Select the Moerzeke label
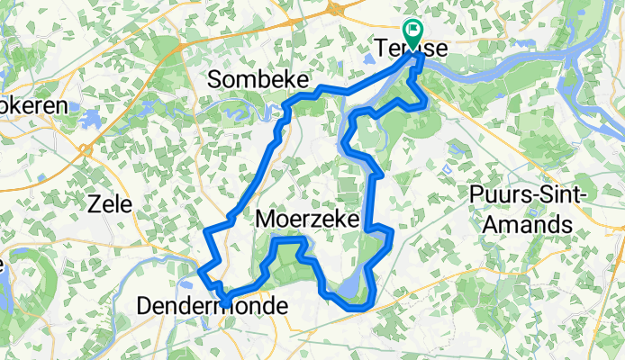pyautogui.click(x=307, y=220)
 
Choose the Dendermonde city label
pyautogui.click(x=213, y=307)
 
